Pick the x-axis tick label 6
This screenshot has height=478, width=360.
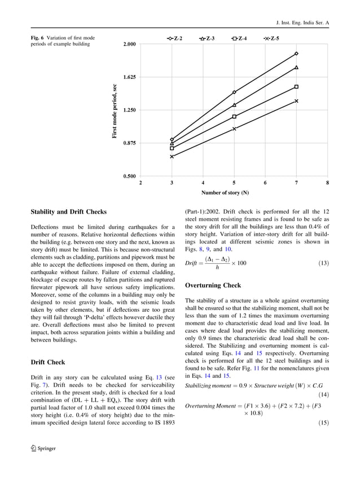tap(265, 183)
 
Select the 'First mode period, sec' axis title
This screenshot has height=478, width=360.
tap(115, 111)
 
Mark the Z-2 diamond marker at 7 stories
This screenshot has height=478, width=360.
tap(296, 54)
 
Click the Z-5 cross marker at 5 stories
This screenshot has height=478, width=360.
tap(234, 129)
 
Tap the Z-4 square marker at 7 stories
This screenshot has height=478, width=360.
tap(296, 87)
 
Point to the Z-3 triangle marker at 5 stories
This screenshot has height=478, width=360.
tap(234, 105)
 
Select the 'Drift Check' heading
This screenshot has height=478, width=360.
tap(47, 362)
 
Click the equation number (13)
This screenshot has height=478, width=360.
tap(323, 263)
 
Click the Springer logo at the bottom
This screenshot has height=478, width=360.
tap(42, 463)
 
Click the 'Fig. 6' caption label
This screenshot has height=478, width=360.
tap(38, 38)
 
